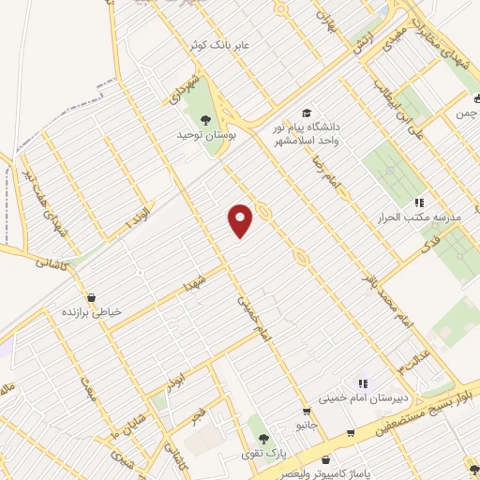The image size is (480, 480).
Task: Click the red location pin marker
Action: [242, 219]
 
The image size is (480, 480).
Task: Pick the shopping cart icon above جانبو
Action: [306, 411]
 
